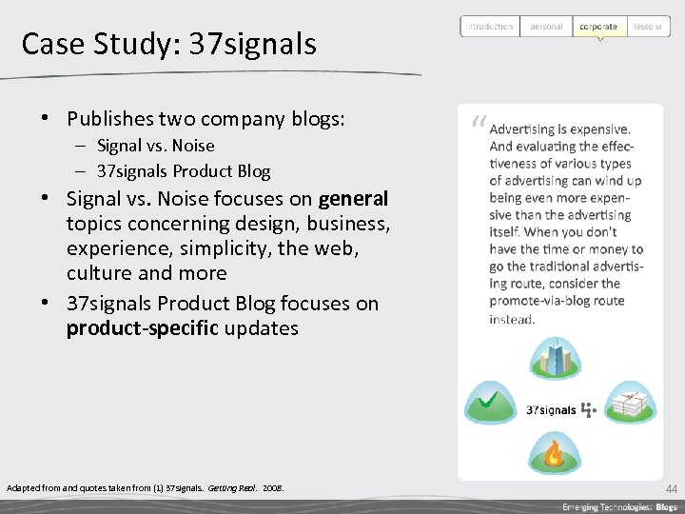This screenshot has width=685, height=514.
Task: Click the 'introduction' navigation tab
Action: tap(489, 27)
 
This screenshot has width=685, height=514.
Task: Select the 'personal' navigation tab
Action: tap(546, 27)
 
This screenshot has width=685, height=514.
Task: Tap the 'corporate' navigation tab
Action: tap(598, 27)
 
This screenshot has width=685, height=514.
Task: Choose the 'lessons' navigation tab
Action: tap(648, 27)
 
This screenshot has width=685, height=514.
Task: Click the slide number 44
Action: tap(672, 488)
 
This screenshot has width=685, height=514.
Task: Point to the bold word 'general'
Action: tap(353, 199)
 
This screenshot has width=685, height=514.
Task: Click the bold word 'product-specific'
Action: tap(142, 328)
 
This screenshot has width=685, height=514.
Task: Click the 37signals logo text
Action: tap(552, 410)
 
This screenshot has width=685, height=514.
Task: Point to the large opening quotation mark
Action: tap(477, 123)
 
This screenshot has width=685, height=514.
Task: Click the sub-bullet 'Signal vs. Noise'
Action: tap(156, 146)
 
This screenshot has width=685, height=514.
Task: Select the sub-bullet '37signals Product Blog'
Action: tap(184, 171)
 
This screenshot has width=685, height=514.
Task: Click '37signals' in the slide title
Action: tap(252, 44)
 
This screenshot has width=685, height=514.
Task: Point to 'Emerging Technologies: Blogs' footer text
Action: tap(619, 506)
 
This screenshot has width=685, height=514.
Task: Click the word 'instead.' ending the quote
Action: tap(512, 319)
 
